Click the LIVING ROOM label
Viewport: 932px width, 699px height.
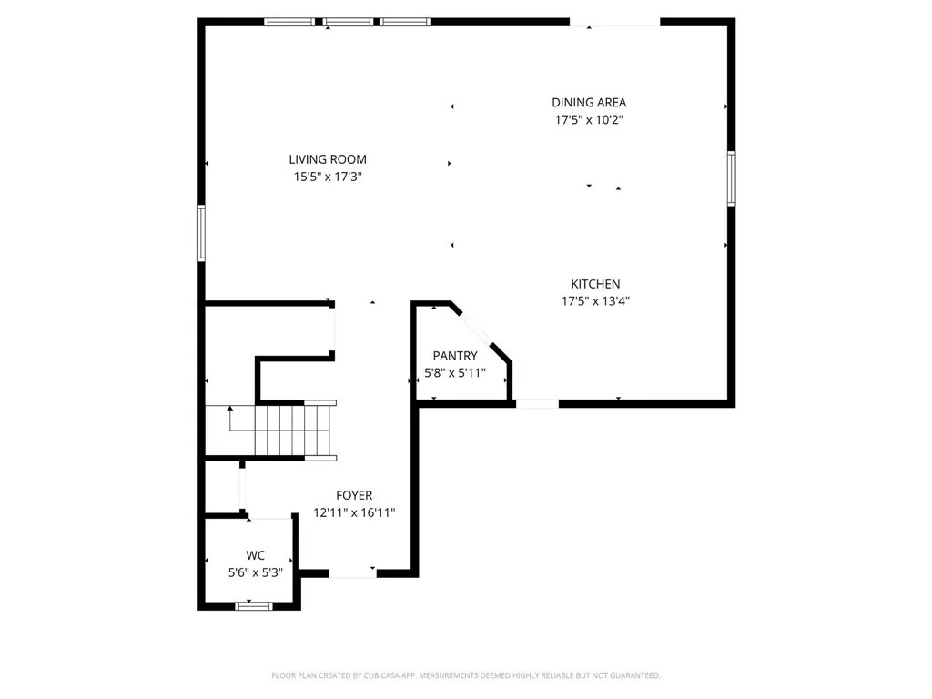point(328,159)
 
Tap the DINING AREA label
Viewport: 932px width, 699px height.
point(589,103)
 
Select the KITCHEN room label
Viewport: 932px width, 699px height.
point(595,284)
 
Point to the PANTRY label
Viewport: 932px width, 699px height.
point(454,356)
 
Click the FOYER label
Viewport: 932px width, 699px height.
point(353,495)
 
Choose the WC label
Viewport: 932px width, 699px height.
point(255,555)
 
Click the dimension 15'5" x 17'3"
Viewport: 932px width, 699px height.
point(328,177)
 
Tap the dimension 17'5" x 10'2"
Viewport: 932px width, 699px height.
point(589,120)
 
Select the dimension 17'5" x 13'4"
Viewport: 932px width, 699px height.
point(595,301)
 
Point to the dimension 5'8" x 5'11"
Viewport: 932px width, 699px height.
point(454,373)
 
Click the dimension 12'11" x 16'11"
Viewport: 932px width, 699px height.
point(353,512)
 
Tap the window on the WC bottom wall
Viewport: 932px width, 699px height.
point(253,605)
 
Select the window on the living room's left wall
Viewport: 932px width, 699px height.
point(201,234)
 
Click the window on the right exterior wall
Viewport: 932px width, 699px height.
point(731,178)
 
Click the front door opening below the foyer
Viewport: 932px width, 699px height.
point(352,574)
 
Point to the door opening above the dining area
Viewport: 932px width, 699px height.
point(614,22)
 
